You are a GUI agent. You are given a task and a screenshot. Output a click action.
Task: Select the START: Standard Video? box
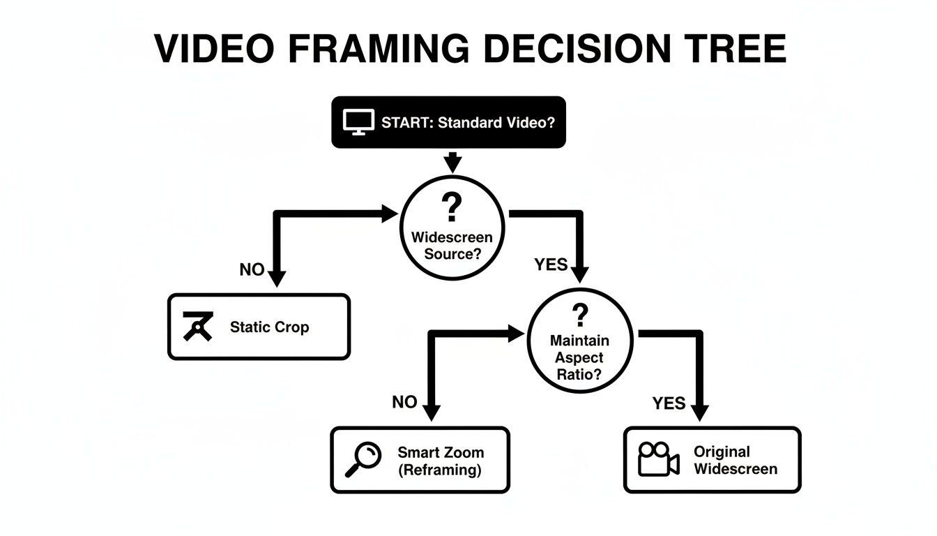click(448, 122)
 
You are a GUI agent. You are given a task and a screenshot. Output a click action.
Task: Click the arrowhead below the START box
click(453, 165)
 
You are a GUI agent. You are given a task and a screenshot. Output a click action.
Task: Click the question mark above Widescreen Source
click(452, 207)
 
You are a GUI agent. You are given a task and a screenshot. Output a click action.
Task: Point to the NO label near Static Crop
click(252, 269)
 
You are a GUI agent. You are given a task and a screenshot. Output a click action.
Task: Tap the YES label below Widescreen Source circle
click(551, 265)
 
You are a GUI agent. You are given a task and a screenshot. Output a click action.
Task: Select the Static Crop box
click(259, 327)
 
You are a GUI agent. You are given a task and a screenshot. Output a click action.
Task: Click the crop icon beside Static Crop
click(197, 327)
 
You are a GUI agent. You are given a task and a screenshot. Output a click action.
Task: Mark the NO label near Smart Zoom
click(404, 402)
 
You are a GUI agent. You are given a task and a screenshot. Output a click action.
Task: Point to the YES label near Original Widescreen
click(669, 403)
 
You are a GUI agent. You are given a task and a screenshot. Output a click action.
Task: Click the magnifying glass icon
click(364, 461)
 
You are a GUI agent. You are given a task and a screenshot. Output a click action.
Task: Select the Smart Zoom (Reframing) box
click(420, 461)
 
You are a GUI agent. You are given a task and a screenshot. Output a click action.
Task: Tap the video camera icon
click(659, 459)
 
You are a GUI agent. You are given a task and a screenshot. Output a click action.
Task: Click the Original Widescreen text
click(735, 461)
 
